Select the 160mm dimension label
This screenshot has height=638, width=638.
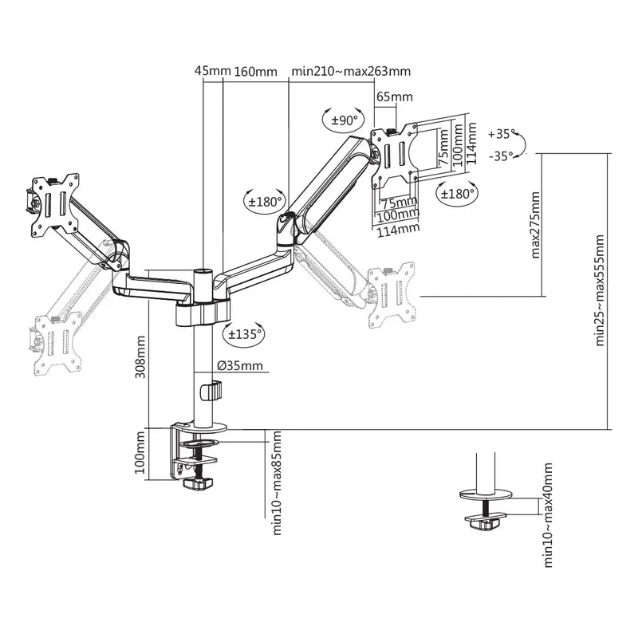[255, 71]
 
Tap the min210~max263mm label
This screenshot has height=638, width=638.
[351, 71]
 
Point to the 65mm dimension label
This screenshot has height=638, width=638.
[394, 97]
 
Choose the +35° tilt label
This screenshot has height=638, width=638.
[502, 134]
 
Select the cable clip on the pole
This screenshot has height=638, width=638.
[211, 392]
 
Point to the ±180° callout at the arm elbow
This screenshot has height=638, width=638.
[264, 202]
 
